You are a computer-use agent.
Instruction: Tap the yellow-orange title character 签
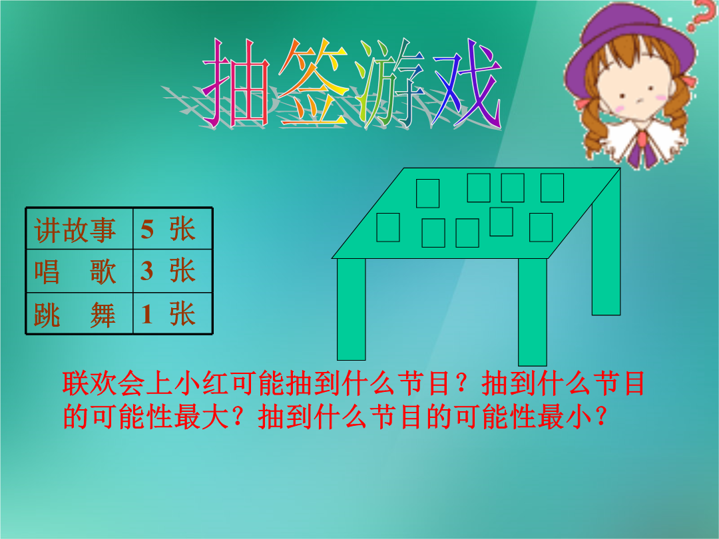pos(314,82)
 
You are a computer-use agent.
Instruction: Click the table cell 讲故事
pos(75,230)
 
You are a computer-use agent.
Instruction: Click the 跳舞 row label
pos(75,315)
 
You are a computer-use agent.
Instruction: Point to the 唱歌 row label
pos(75,271)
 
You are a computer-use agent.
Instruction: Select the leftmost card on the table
pos(388,228)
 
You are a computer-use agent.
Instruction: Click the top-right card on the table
pos(552,188)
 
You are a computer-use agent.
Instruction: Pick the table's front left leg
pos(352,309)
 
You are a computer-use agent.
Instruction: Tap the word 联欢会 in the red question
pos(104,383)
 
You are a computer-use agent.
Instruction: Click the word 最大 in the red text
pos(202,417)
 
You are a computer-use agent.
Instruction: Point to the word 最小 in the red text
pos(567,417)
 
